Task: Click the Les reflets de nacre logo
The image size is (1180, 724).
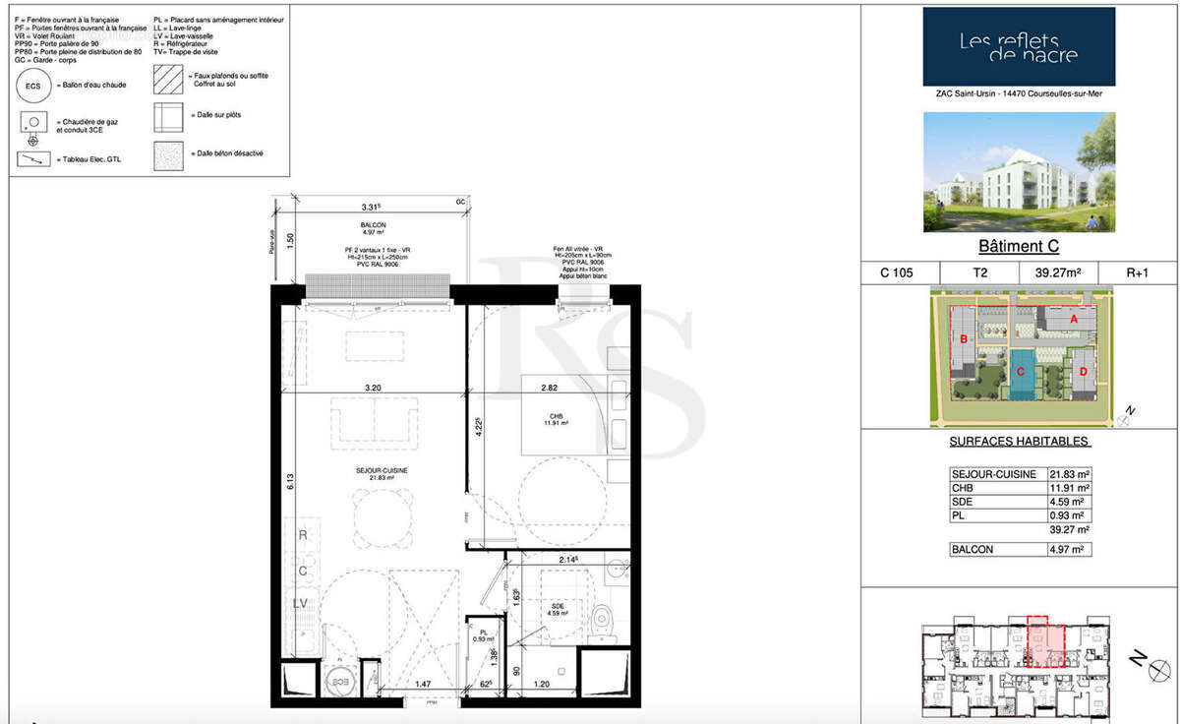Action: [1018, 46]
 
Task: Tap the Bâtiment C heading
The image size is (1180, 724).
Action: [1018, 247]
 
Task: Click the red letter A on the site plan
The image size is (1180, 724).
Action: [1074, 319]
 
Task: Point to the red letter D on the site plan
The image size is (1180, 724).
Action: [1083, 372]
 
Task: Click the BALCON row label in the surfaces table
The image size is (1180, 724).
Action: [972, 550]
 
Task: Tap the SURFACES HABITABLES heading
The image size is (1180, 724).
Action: [1019, 442]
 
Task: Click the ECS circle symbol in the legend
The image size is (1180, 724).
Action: [32, 86]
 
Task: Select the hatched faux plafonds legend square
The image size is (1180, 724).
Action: [169, 76]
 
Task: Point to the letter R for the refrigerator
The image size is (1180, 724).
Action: [303, 536]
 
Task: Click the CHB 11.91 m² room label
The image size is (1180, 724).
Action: [556, 419]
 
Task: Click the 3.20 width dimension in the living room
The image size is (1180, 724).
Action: [372, 388]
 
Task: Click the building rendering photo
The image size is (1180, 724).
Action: [1018, 171]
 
